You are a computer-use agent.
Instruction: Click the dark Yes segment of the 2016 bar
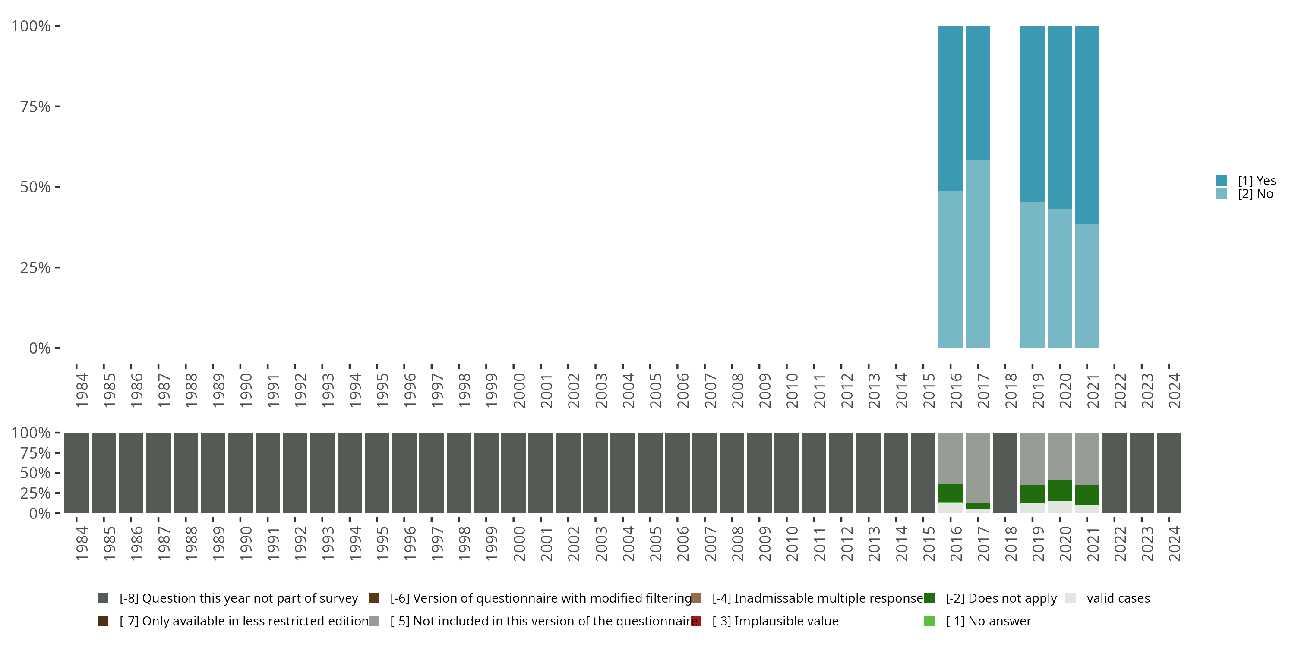(951, 108)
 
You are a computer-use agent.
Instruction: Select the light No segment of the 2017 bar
(978, 254)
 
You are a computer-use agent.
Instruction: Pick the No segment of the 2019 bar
(1032, 275)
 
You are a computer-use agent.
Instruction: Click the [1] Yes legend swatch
(1222, 180)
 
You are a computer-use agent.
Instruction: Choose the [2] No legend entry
(1255, 194)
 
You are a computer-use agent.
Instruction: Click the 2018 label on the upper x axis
(1011, 390)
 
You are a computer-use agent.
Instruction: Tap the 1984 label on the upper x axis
(82, 390)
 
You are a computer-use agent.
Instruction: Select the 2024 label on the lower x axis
(1174, 543)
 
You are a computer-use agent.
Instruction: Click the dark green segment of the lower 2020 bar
(1060, 490)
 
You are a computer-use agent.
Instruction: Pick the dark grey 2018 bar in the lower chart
(1005, 473)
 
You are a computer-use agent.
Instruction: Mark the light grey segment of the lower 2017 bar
(978, 468)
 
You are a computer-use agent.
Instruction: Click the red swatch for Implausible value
(696, 621)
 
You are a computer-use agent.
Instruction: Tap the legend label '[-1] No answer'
(988, 621)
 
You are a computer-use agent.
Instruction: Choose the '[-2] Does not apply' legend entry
(1001, 598)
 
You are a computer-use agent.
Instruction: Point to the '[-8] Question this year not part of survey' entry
(238, 598)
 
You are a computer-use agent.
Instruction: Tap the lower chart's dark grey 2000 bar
(513, 473)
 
